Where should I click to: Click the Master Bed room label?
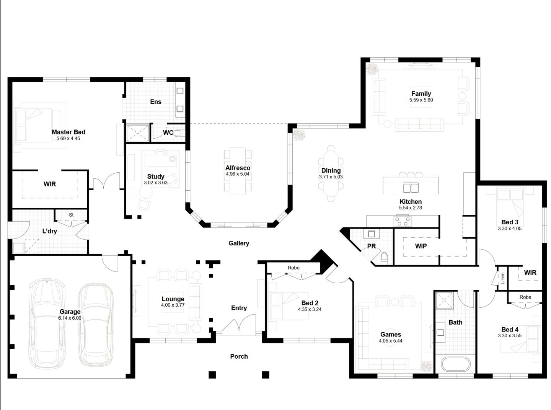pos(68,132)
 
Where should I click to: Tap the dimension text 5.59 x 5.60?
pos(421,100)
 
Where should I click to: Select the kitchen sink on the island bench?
pos(411,188)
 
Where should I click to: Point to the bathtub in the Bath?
pos(455,364)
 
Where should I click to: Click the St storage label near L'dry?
pos(71,215)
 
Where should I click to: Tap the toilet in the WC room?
pos(181,133)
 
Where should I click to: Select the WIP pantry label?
pos(421,246)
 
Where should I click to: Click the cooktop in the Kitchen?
pos(403,222)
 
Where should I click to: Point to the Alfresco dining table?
pos(238,170)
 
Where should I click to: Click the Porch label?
pos(239,356)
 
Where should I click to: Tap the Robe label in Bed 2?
pos(293,268)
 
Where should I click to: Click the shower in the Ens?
pos(138,133)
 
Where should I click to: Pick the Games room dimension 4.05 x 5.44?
pos(390,341)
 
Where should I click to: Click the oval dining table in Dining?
pos(331,173)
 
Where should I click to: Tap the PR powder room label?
pos(371,246)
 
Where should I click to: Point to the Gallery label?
pos(239,243)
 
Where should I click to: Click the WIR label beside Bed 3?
pos(530,273)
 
